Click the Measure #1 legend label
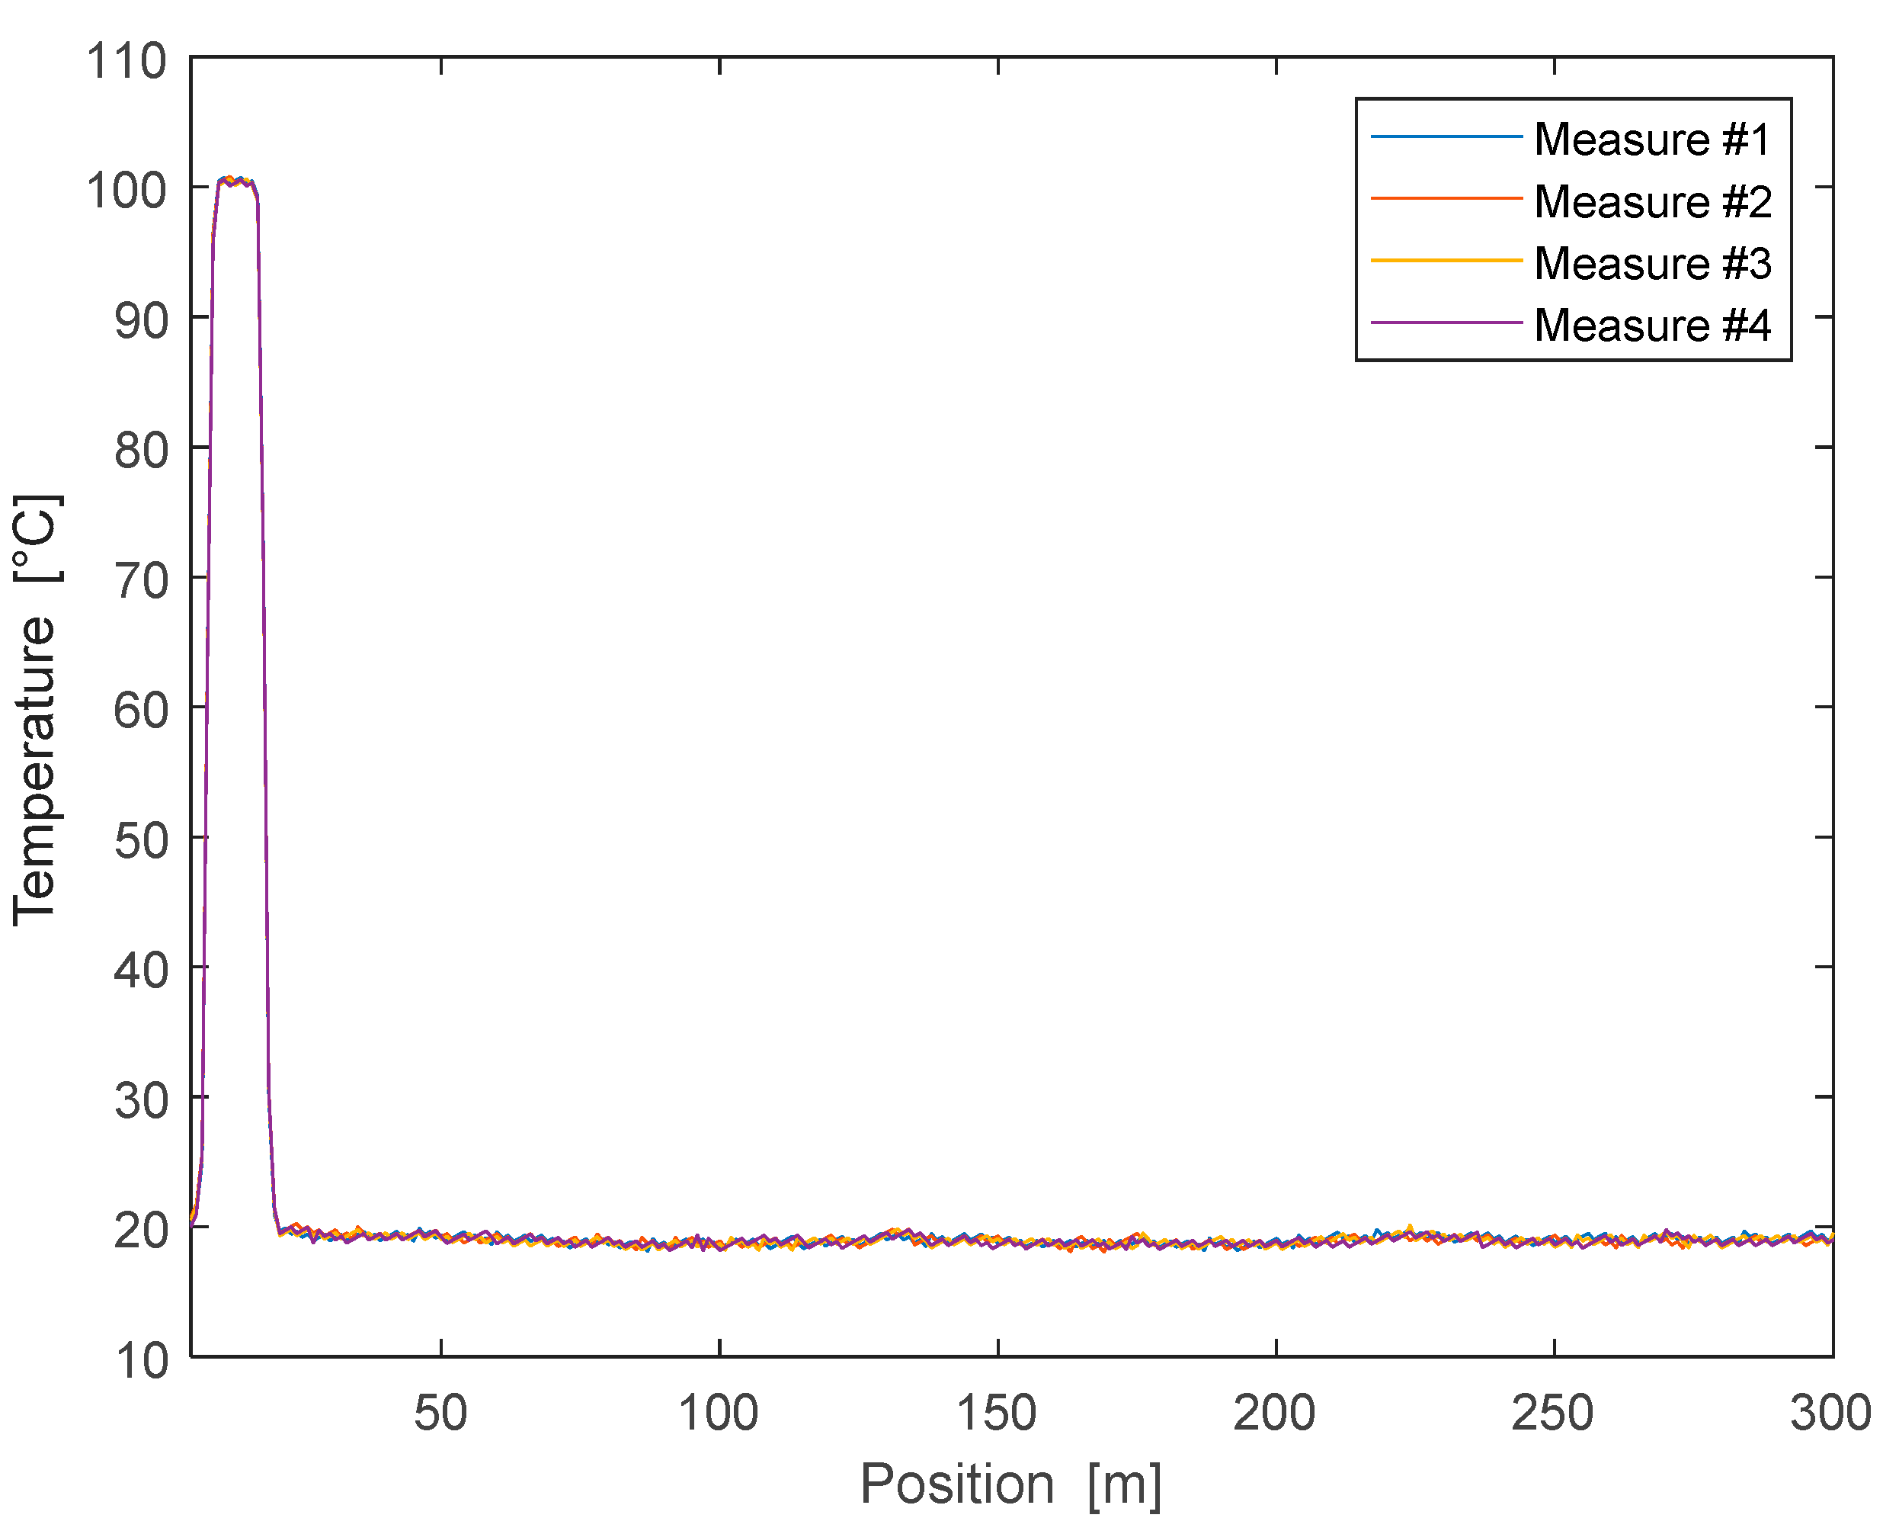pos(1651,140)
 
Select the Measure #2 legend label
pos(1651,201)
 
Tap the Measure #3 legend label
pos(1651,263)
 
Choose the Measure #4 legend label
pos(1651,326)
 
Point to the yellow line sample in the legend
pos(1447,261)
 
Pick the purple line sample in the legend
pos(1447,323)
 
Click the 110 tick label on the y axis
pos(126,62)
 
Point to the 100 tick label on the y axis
pos(126,191)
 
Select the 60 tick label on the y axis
pos(140,711)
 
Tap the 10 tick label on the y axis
pos(140,1361)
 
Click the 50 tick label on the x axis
pos(440,1413)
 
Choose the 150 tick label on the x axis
pos(998,1413)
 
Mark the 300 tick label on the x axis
pos(1830,1413)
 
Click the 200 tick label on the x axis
pos(1275,1413)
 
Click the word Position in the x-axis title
pos(956,1484)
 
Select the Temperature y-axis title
pos(35,769)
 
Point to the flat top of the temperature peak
pos(235,181)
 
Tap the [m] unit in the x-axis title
pos(1124,1484)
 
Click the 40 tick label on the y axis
pos(140,971)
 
